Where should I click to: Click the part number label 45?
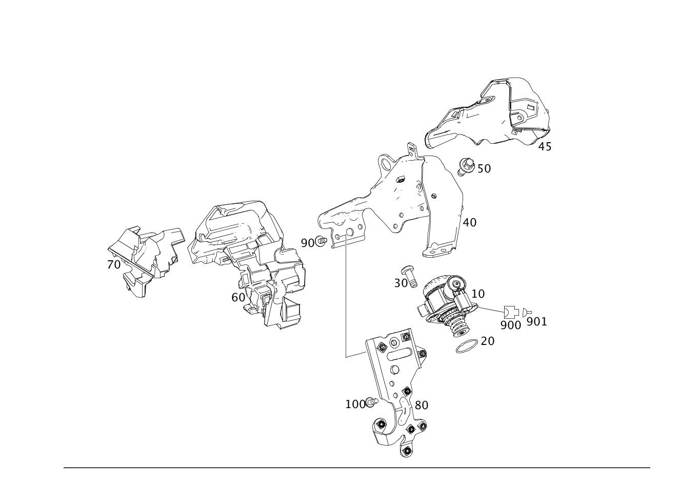tap(545, 147)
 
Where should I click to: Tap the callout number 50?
tap(484, 169)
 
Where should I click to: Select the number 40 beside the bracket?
tap(470, 223)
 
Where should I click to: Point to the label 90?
tap(307, 243)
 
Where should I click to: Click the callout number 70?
tap(114, 265)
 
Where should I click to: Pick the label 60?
tap(238, 297)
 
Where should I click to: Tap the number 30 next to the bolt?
tap(401, 283)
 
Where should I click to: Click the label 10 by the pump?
tap(478, 294)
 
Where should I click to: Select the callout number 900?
tap(511, 325)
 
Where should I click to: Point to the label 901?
tap(537, 322)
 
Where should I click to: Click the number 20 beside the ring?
tap(488, 341)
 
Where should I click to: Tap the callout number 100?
tap(355, 405)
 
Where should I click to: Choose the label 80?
tap(422, 405)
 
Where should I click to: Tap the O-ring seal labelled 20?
tap(467, 347)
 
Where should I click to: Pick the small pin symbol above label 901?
tap(527, 312)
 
